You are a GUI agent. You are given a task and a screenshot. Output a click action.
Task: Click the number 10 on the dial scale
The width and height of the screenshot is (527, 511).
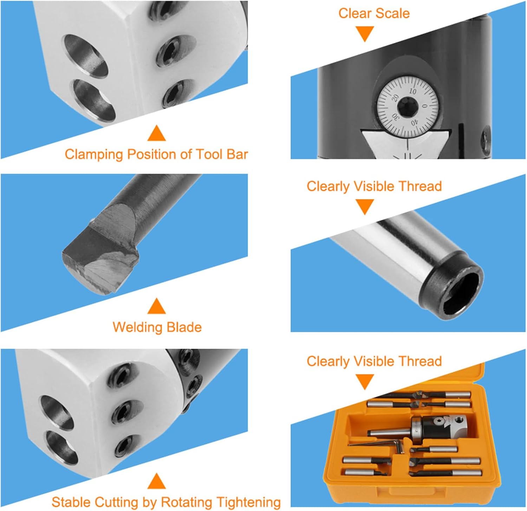[x=412, y=91]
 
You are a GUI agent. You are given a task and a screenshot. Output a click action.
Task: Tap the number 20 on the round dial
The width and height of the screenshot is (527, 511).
[x=395, y=98]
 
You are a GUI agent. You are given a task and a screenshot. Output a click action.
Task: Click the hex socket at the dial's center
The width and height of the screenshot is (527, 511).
[x=408, y=107]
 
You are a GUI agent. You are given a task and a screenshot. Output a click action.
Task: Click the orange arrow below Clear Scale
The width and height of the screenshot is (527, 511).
[x=365, y=34]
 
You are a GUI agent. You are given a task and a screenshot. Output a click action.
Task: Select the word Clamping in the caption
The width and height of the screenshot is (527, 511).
[x=94, y=154]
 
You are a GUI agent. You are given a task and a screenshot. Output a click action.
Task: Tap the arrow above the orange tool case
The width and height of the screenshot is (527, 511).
[x=365, y=382]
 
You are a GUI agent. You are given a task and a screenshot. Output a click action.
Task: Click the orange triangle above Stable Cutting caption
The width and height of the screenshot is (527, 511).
[x=157, y=481]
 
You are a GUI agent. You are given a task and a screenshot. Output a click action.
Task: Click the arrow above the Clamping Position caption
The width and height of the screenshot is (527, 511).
[x=157, y=133]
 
